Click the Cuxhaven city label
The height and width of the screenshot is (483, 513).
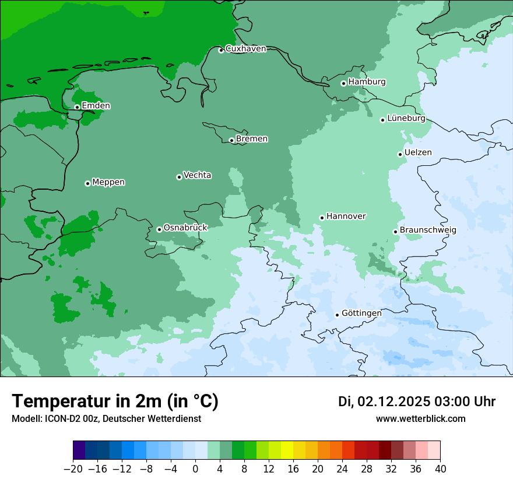pos(245,49)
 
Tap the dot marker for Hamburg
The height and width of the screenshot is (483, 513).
pos(343,83)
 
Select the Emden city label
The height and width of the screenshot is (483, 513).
pos(96,106)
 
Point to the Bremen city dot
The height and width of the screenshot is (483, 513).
pos(231,140)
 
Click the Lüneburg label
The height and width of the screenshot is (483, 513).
pos(406,119)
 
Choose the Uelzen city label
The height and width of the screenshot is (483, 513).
pos(418,152)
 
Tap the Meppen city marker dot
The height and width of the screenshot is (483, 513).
pos(87,183)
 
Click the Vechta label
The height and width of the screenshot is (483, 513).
pos(197,175)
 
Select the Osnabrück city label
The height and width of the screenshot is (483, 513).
pos(185,228)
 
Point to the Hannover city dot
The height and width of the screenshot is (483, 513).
pos(322,218)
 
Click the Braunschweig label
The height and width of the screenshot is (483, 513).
pos(428,230)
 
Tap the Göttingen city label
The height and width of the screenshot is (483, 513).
pos(361,313)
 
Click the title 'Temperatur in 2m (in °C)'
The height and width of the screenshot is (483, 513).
pos(115,402)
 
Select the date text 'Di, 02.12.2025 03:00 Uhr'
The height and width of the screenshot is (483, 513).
pos(417,402)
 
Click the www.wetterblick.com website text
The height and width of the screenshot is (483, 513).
pos(420,418)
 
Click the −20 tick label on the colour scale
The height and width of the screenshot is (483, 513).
pos(73,468)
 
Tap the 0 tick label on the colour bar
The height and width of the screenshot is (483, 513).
pos(195,468)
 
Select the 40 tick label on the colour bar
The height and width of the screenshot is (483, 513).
pos(440,468)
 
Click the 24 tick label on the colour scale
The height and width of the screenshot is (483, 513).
pos(342,468)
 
